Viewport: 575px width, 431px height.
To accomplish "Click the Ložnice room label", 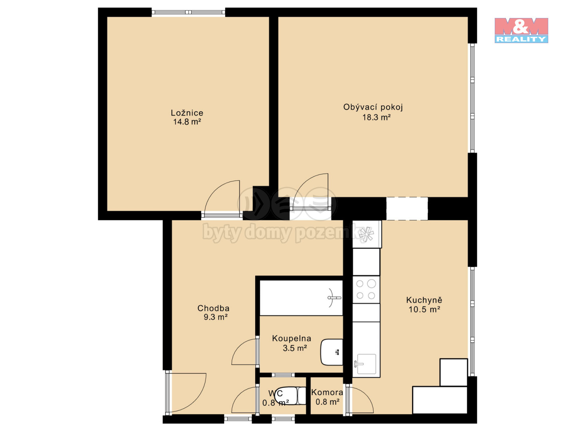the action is coord(187,113).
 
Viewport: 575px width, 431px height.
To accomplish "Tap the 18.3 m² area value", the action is coord(376,117).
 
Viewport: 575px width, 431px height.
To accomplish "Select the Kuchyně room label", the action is coord(424,300).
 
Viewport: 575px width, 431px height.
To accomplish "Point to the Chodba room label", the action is coord(213,308).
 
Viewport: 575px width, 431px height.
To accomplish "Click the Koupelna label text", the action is coord(291,338).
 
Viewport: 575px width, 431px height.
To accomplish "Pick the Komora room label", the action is coord(327,392).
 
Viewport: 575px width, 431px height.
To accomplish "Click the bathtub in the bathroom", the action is coord(301,298).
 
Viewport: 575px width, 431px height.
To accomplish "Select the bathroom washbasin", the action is coord(332,352).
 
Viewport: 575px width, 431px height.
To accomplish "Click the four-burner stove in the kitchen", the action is coord(366,289).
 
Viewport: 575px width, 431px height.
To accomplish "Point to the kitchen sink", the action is coord(366,364).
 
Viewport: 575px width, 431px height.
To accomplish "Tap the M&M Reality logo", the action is coord(521,30).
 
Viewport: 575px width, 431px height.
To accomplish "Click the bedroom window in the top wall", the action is coord(188,12).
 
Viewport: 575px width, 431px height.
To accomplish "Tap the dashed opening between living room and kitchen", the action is coord(407,209).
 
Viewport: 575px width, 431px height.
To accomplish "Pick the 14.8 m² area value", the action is coord(187,122).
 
